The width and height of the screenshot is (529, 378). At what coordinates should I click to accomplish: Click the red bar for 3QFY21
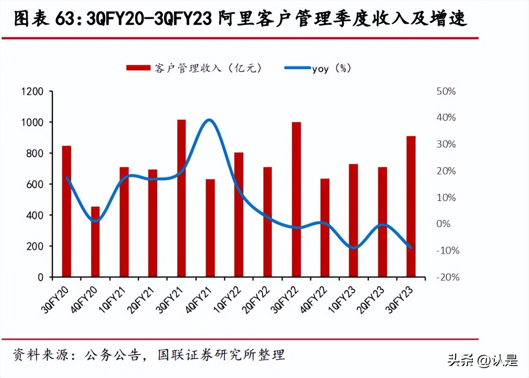182,198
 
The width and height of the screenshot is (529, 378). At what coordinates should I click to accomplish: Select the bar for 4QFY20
95,241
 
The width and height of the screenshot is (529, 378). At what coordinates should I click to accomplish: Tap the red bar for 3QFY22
296,199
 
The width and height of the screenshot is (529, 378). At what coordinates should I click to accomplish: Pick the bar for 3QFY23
411,206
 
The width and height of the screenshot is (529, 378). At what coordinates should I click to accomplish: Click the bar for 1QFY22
239,214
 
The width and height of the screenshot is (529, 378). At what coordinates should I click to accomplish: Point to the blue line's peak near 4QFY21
209,120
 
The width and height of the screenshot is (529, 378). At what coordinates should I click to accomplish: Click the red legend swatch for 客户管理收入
138,68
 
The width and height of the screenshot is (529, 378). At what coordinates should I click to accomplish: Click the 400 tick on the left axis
35,215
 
